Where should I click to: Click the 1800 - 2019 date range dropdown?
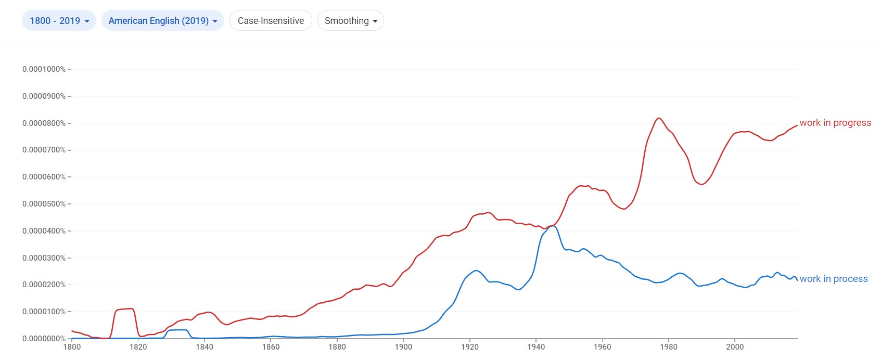[59, 21]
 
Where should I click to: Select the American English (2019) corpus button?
[162, 21]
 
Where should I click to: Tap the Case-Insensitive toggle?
[271, 21]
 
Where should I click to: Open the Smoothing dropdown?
[350, 21]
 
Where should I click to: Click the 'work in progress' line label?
[835, 123]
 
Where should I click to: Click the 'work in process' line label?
[833, 279]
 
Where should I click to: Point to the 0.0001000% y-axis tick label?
[44, 69]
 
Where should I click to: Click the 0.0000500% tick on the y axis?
[44, 204]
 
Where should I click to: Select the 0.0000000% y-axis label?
[44, 339]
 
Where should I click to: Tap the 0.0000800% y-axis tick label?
[44, 123]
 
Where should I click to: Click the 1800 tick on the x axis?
[72, 347]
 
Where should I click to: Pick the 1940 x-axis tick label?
[536, 347]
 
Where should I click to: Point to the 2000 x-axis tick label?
[735, 347]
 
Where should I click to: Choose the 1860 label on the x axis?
[271, 347]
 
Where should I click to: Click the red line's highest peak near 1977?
[659, 118]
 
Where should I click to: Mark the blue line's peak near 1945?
[553, 226]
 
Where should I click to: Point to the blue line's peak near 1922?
[476, 271]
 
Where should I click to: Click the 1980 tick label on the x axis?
[669, 347]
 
